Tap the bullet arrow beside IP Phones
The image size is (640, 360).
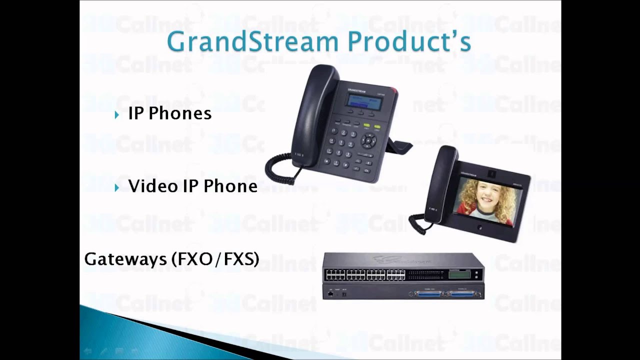coord(117,115)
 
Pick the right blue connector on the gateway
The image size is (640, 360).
coord(462,294)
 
